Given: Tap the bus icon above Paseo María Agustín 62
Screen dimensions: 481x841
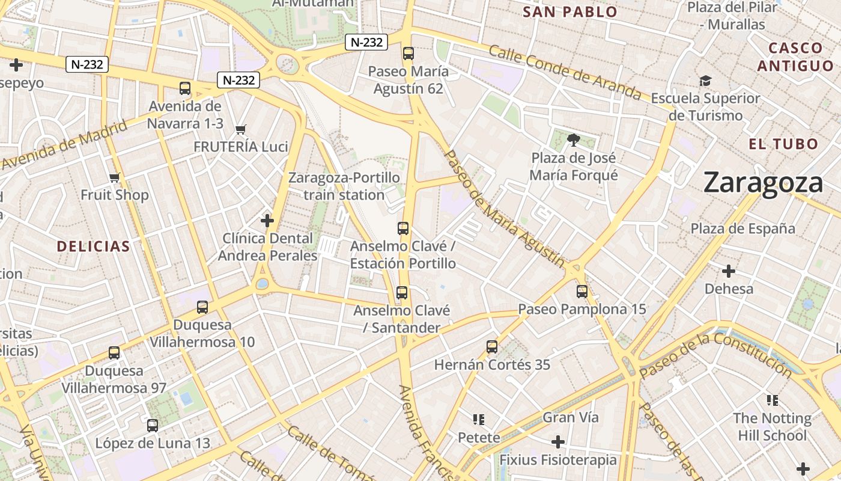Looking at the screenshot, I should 408,53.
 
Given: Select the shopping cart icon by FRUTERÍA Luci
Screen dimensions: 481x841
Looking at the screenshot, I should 241,129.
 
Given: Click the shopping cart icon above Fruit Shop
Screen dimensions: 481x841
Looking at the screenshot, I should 115,177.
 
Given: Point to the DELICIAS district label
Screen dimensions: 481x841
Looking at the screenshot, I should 93,246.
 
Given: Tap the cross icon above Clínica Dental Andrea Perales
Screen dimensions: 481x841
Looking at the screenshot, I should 267,221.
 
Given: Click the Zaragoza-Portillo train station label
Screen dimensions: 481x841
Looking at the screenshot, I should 344,186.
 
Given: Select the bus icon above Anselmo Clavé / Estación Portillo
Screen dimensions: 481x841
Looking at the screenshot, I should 403,228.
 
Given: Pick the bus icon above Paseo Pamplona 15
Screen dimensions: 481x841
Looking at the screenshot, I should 582,292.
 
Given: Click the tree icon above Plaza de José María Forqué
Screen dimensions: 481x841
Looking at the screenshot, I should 573,140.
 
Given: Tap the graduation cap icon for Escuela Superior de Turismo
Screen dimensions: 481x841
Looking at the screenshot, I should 705,80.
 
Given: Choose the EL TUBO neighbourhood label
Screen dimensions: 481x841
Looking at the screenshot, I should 783,144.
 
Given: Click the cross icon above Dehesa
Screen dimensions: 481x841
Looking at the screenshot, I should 729,271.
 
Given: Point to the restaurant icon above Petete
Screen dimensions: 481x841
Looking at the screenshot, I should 479,419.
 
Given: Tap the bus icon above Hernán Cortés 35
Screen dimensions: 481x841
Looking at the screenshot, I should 492,347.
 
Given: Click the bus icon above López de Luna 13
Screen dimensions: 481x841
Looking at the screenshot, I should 153,426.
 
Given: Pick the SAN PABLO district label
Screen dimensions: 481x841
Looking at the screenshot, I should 570,12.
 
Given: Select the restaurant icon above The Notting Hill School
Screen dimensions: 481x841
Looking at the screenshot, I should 773,400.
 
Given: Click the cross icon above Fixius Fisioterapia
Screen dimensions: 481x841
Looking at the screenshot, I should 558,442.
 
